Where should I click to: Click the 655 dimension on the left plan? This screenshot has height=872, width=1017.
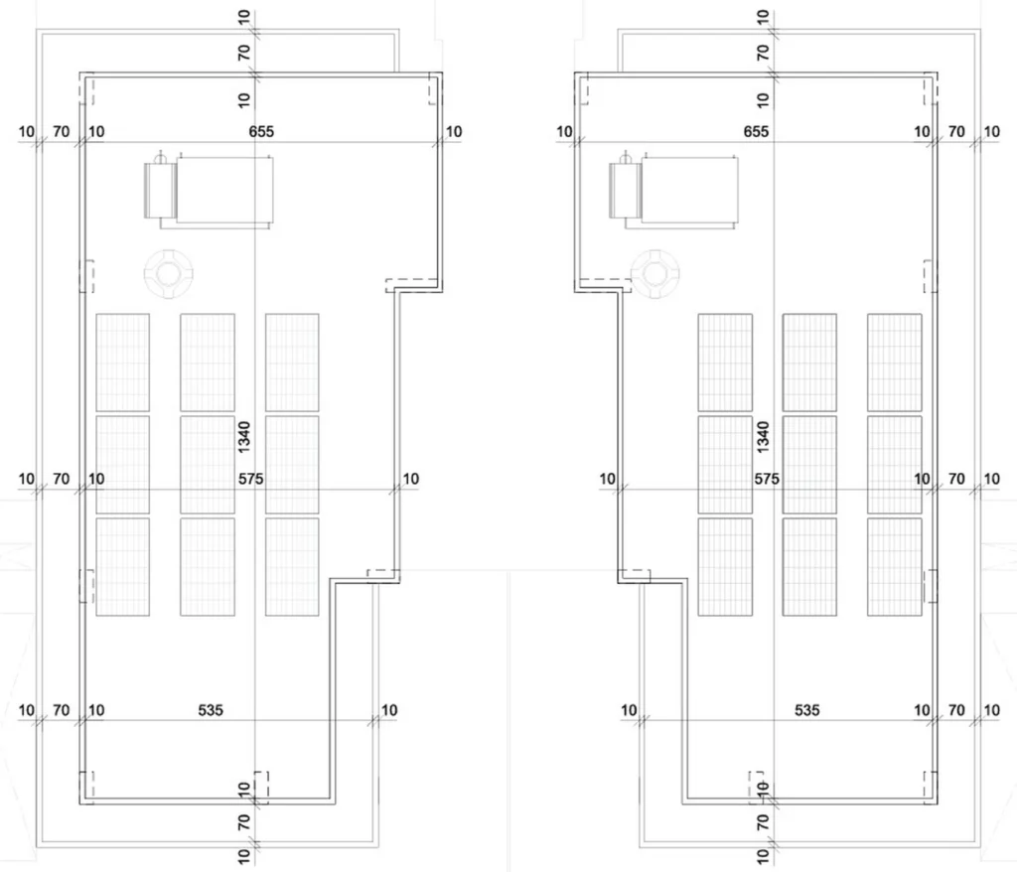[x=261, y=132]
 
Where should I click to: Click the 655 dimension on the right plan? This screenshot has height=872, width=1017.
[x=756, y=132]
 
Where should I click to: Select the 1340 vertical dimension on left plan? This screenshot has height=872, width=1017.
[x=244, y=437]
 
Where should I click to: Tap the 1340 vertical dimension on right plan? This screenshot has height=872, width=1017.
[x=763, y=437]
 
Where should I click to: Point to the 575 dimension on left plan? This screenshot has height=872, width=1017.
[x=251, y=479]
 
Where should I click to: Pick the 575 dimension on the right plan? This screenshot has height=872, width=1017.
[x=767, y=479]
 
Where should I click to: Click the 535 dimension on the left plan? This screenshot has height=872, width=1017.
[x=211, y=710]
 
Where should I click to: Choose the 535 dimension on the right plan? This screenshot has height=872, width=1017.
[x=806, y=710]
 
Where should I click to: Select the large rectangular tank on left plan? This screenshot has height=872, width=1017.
[x=224, y=191]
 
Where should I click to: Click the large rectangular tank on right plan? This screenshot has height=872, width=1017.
[x=689, y=191]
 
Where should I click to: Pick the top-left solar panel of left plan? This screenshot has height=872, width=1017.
[x=122, y=363]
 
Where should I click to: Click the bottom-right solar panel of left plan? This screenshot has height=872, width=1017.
[x=292, y=566]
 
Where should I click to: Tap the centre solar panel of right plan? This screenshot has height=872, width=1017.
[x=809, y=465]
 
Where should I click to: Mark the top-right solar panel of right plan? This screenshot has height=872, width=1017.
[x=895, y=363]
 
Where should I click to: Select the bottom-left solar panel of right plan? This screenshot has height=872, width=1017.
[x=725, y=566]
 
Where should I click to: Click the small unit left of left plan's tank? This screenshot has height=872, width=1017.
[x=160, y=190]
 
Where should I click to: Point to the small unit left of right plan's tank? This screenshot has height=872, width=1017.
[x=626, y=190]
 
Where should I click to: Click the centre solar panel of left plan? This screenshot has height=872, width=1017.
[x=208, y=465]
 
